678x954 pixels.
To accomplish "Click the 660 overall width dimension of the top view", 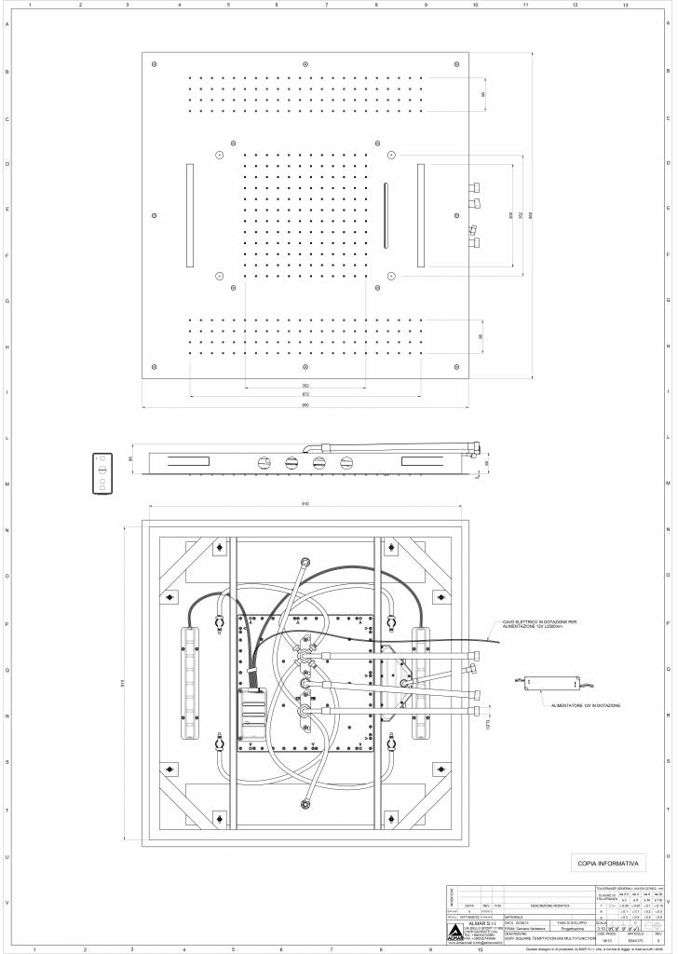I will tap(305, 403).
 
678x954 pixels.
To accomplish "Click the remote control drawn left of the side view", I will tap(102, 471).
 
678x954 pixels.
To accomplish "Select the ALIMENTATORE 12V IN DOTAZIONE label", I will tap(585, 705).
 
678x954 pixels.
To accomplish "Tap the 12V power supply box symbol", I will tap(531, 684).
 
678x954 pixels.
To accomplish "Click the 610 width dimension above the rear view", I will tap(306, 504).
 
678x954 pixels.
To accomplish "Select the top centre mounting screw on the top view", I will tap(305, 63).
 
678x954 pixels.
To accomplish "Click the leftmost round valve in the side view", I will tap(264, 461).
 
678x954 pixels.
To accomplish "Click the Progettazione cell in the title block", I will tap(572, 928).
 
